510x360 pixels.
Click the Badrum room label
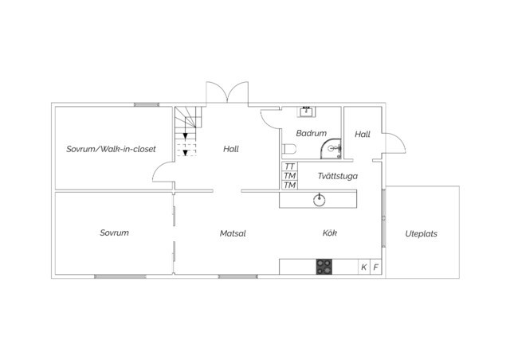(312, 133)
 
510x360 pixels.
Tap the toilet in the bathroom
(289, 149)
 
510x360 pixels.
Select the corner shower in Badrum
(331, 149)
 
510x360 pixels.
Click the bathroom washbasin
(306, 112)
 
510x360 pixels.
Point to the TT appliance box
(289, 166)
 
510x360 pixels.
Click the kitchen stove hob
(324, 267)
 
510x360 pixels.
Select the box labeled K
(364, 267)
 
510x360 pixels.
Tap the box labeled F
(375, 267)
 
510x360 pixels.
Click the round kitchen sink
(320, 200)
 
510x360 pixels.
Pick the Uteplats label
(421, 233)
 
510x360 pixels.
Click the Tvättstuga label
(338, 176)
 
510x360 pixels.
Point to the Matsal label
(233, 233)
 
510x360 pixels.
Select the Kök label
(329, 233)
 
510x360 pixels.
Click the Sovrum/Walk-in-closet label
(111, 149)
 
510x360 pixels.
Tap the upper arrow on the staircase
(186, 135)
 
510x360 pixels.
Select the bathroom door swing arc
(265, 120)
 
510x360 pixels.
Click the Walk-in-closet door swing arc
(159, 168)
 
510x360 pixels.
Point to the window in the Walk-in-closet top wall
(147, 104)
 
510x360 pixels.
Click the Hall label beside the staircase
(231, 149)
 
